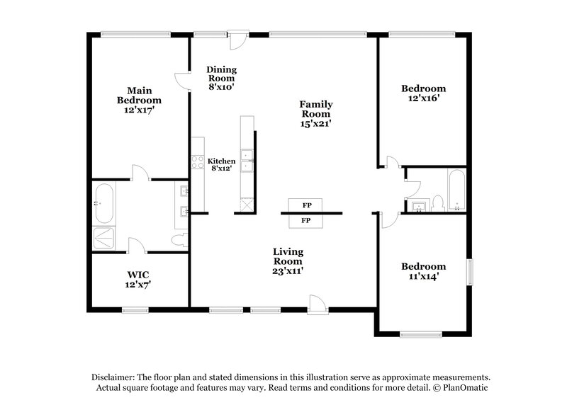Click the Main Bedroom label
135,100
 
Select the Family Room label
316,113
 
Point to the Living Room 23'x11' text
288,261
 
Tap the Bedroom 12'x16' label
424,93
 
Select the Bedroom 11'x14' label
424,271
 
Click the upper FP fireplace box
307,205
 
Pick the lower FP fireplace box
307,221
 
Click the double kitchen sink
247,161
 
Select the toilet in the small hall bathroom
437,204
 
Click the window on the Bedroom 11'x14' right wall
468,273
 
